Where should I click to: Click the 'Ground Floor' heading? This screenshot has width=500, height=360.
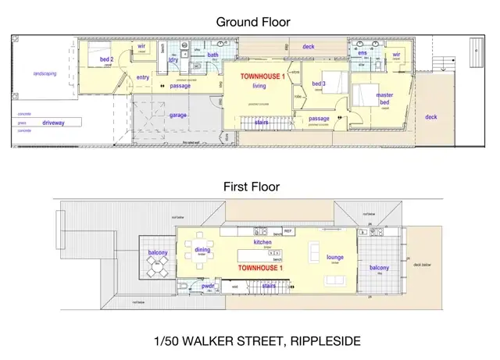coord(252,22)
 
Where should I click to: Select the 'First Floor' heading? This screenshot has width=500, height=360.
coord(252,187)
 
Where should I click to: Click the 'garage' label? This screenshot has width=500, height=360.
coord(178,115)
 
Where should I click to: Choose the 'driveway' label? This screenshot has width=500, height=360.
coord(53,123)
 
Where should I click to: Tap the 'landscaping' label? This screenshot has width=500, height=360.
coord(44,73)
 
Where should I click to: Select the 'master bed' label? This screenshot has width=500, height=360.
coord(384,98)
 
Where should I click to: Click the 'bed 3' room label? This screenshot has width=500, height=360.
coord(319,84)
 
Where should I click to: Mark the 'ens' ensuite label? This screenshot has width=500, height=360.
coord(362,53)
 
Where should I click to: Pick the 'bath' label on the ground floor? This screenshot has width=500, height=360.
coord(212,55)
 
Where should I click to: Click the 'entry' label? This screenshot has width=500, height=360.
coord(143,77)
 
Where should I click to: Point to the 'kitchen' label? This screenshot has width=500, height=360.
coord(262,243)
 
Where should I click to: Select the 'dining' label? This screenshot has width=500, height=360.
coord(202,250)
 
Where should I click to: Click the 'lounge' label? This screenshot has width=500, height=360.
coord(335,256)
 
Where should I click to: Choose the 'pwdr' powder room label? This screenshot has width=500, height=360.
coord(208,287)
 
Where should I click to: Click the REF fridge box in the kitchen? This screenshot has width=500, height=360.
coord(287,232)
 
